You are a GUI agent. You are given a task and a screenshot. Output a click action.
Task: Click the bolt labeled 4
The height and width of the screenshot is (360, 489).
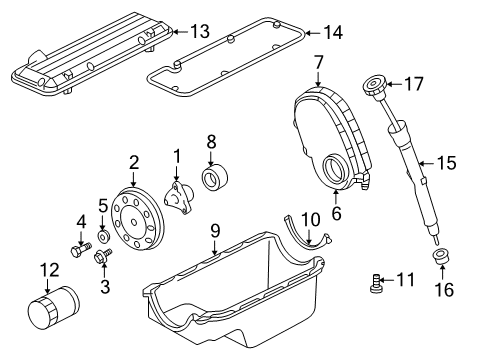point(78,252)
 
